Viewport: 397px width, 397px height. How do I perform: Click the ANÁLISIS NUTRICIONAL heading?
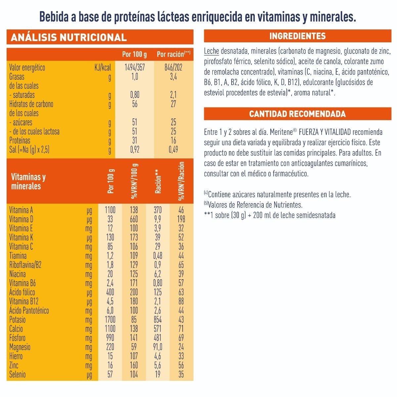pyautogui.click(x=69, y=37)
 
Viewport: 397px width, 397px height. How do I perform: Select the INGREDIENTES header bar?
pyautogui.click(x=297, y=36)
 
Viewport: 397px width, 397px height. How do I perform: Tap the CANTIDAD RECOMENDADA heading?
pyautogui.click(x=297, y=114)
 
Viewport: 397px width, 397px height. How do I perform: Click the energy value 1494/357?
pyautogui.click(x=135, y=68)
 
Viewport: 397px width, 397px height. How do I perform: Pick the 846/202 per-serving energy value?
pyautogui.click(x=173, y=68)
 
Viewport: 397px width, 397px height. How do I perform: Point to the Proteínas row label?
pyautogui.click(x=20, y=141)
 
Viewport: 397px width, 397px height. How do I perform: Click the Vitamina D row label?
pyautogui.click(x=21, y=219)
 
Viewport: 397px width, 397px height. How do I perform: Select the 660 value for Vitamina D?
pyautogui.click(x=134, y=219)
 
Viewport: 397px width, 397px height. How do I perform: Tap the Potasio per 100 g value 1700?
pyautogui.click(x=110, y=320)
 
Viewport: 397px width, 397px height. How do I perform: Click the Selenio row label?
pyautogui.click(x=18, y=375)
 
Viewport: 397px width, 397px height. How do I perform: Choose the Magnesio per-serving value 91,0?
pyautogui.click(x=158, y=347)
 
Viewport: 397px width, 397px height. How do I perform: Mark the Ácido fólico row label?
pyautogui.click(x=22, y=292)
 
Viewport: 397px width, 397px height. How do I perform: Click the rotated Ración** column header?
pyautogui.click(x=158, y=182)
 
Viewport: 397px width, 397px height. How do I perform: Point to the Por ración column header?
pyautogui.click(x=173, y=54)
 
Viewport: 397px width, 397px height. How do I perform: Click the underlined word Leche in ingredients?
pyautogui.click(x=211, y=51)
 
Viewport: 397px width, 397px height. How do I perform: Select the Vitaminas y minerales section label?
pyautogui.click(x=28, y=182)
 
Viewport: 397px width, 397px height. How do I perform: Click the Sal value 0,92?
pyautogui.click(x=135, y=150)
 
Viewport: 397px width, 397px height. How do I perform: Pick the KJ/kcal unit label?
pyautogui.click(x=103, y=68)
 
